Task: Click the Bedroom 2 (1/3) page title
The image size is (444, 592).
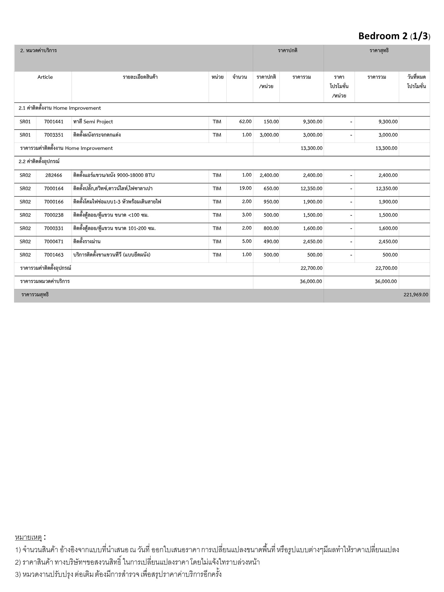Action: [394, 36]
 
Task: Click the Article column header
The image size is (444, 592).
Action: [45, 77]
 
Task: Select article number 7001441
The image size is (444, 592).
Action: [54, 122]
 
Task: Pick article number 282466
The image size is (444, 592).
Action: [54, 175]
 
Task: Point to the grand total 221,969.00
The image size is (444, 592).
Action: [416, 295]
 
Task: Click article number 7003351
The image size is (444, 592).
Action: [54, 135]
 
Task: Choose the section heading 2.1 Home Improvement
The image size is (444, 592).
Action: [60, 108]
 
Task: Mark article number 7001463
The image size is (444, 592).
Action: [54, 255]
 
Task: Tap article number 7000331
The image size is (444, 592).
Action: [54, 228]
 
